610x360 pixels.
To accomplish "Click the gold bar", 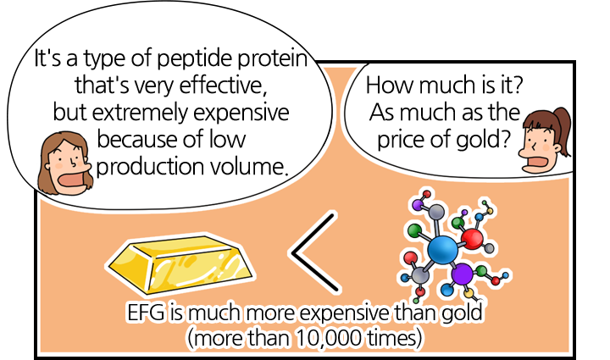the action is point(180,263).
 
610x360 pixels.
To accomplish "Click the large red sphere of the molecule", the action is point(472,239).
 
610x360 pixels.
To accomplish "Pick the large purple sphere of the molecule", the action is point(463,274).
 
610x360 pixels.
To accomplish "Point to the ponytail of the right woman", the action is point(563,128).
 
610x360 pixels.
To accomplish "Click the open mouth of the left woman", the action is point(71,180).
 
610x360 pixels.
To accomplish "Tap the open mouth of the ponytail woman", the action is point(535,162).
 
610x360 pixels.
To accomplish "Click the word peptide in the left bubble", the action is point(196,58).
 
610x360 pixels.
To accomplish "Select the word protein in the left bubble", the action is point(273,58).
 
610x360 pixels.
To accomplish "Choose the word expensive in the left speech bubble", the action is point(241,113).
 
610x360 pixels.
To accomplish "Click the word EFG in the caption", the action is point(146,313).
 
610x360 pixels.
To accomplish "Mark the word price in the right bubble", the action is point(401,140).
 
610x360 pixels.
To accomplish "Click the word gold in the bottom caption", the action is point(462,313).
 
